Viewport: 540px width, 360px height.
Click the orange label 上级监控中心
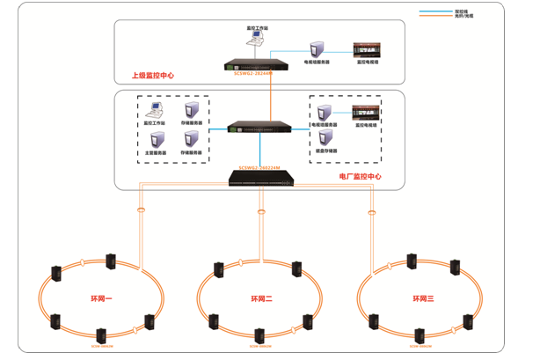152,76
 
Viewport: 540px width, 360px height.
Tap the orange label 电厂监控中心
361,176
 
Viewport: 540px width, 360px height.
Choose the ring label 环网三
424,299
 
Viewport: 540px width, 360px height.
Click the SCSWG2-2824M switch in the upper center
259,64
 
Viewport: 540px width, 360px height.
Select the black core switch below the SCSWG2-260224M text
261,176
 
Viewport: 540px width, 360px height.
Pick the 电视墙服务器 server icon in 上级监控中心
317,48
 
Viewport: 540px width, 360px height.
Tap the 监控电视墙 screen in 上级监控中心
366,49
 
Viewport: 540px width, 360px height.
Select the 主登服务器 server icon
156,139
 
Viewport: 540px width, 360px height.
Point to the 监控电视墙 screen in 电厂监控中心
366,112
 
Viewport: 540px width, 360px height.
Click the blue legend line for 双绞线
433,11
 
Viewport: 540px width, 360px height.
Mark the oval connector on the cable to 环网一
141,210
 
